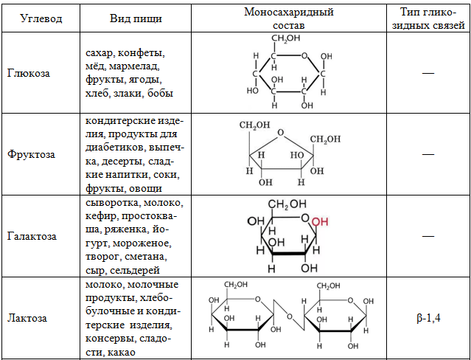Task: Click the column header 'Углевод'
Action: [41, 18]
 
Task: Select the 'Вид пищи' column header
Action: [136, 18]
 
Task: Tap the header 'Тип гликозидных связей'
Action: [429, 18]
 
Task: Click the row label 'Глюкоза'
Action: [29, 73]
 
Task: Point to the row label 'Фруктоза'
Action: [31, 154]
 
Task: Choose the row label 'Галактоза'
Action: [32, 236]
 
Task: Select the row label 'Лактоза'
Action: [27, 318]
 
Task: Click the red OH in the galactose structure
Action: [320, 222]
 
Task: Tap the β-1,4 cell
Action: [429, 318]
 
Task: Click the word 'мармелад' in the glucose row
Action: [134, 66]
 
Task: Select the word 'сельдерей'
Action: [135, 271]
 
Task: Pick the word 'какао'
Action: [119, 352]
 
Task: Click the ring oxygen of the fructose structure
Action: [280, 133]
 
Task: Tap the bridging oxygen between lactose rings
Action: [290, 316]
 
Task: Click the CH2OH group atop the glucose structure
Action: [286, 39]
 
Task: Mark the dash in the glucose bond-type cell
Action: [428, 73]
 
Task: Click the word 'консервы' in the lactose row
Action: [108, 339]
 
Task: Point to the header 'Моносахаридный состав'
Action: [289, 18]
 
